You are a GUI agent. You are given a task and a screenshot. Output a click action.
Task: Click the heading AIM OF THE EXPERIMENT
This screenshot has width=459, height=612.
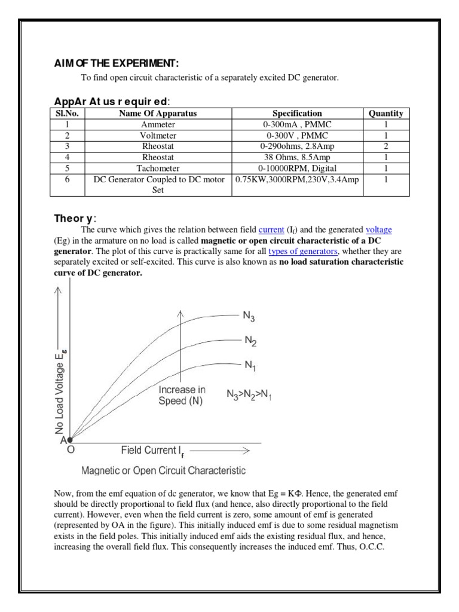pyautogui.click(x=113, y=64)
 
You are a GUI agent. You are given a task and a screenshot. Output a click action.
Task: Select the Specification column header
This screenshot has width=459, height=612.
pyautogui.click(x=297, y=113)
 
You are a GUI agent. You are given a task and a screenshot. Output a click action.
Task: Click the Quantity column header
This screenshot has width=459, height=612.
pyautogui.click(x=385, y=113)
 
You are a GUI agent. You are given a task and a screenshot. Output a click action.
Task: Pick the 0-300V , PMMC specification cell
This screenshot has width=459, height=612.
pyautogui.click(x=297, y=135)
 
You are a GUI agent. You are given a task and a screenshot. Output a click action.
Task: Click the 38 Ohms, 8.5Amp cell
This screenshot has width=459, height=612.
pyautogui.click(x=297, y=157)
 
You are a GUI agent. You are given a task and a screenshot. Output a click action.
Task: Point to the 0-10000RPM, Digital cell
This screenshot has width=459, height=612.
pyautogui.click(x=297, y=169)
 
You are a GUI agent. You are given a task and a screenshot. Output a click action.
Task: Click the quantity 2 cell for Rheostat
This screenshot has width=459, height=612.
pyautogui.click(x=385, y=146)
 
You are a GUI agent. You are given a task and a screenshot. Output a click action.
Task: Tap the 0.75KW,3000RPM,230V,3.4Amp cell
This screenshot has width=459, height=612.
pyautogui.click(x=297, y=180)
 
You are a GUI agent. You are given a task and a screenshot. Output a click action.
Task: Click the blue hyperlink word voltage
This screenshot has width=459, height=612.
pyautogui.click(x=380, y=229)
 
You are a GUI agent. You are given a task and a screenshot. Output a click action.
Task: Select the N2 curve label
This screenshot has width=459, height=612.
pyautogui.click(x=250, y=341)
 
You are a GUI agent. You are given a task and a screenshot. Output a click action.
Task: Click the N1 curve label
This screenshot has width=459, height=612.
pyautogui.click(x=250, y=364)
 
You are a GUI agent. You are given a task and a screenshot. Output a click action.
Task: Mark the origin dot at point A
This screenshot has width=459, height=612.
pyautogui.click(x=70, y=439)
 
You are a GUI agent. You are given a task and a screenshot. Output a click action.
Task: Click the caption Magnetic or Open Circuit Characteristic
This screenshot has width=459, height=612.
pyautogui.click(x=163, y=471)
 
